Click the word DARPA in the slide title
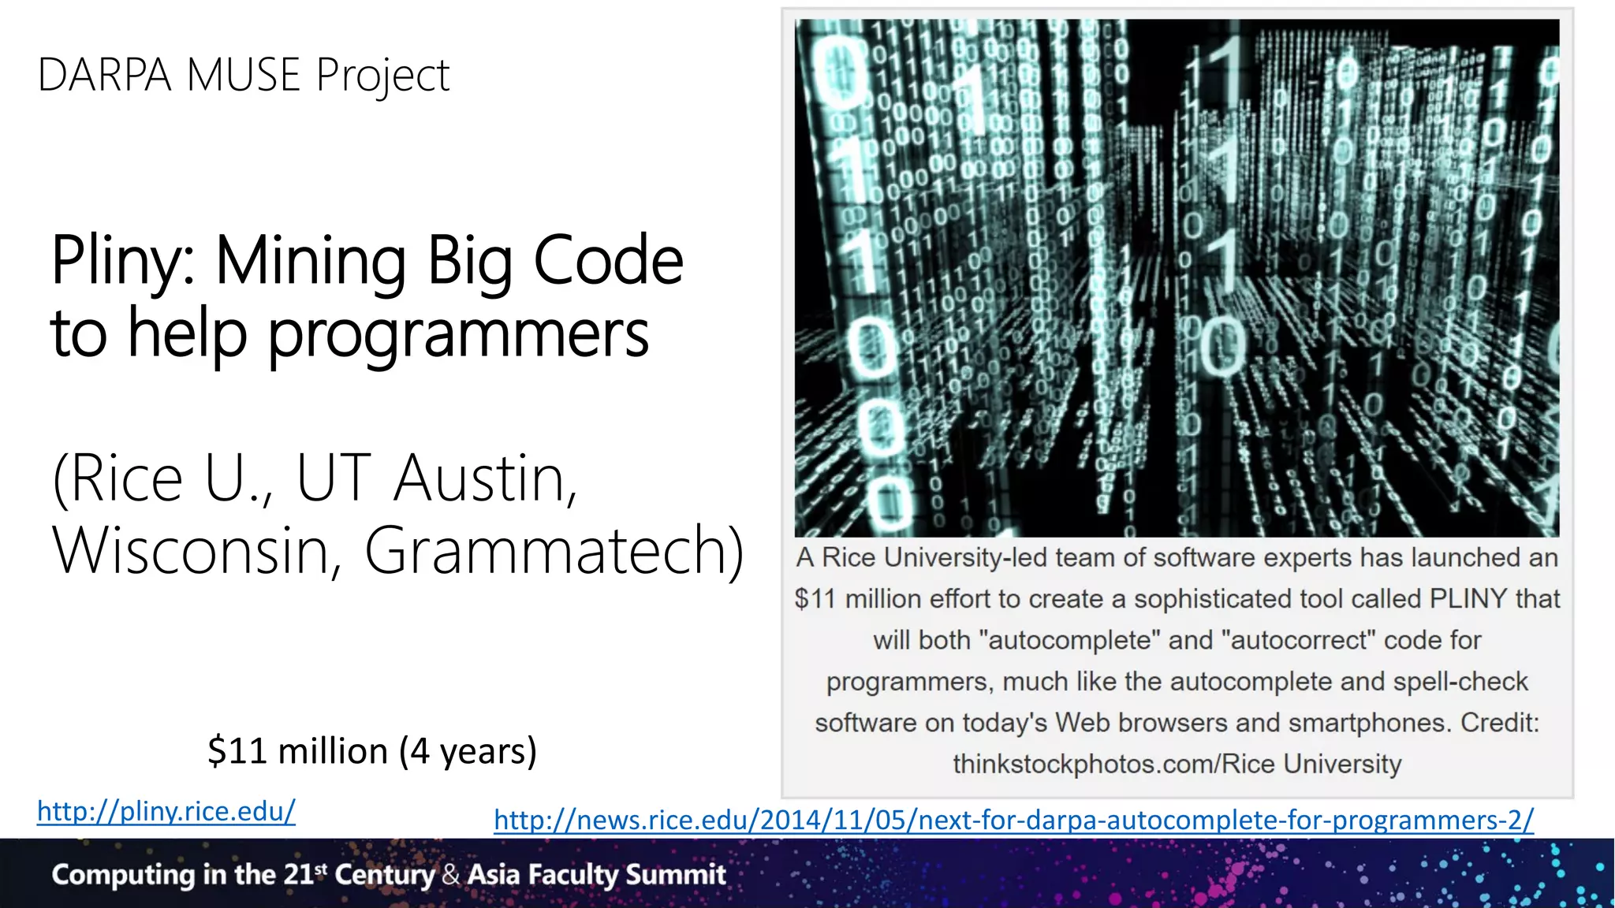point(104,76)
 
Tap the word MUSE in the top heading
point(244,76)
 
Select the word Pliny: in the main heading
point(125,262)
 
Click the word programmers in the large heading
point(458,334)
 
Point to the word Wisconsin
point(189,550)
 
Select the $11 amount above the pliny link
point(237,750)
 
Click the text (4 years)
point(468,750)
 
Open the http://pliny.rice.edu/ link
point(166,811)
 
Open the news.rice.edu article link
point(1013,821)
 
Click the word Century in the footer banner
point(384,875)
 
